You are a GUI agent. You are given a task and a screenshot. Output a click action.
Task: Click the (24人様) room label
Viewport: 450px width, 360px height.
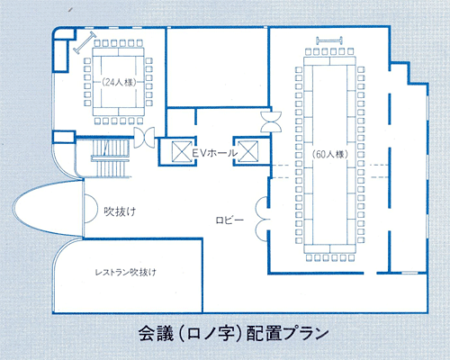click(119, 82)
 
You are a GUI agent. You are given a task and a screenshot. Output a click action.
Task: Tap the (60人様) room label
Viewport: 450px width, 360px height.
click(330, 154)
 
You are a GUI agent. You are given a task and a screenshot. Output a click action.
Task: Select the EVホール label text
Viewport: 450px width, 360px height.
click(214, 153)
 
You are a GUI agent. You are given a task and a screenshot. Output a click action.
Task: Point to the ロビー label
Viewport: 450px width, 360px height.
click(229, 220)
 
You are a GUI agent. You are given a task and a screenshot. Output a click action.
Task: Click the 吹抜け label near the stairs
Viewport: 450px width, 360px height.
click(120, 211)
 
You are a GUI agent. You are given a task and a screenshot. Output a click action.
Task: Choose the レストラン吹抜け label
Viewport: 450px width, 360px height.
click(126, 273)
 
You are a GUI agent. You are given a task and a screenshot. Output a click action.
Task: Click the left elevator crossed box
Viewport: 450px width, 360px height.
click(182, 151)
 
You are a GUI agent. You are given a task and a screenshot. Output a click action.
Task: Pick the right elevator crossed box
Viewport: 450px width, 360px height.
click(247, 151)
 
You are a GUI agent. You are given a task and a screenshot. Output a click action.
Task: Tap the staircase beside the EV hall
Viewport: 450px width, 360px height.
click(111, 158)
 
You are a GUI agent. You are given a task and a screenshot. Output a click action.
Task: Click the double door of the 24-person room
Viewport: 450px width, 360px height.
click(144, 138)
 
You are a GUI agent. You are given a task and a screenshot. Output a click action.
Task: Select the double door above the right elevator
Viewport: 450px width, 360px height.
click(271, 121)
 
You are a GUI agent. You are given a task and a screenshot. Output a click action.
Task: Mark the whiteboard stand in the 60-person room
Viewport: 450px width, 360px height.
click(329, 40)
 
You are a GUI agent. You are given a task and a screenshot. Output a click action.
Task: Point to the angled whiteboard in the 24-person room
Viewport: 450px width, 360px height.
click(85, 42)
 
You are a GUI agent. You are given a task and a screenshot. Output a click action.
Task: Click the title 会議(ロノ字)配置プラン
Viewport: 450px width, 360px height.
click(233, 333)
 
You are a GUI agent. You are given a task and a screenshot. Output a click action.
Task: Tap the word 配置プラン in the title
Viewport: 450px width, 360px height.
click(287, 333)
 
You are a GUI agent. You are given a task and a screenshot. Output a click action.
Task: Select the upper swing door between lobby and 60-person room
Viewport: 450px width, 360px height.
click(262, 207)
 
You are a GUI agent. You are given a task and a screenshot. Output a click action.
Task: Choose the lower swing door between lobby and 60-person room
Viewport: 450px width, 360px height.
click(262, 230)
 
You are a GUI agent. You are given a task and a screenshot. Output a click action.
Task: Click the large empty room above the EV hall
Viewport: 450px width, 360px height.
click(217, 67)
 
